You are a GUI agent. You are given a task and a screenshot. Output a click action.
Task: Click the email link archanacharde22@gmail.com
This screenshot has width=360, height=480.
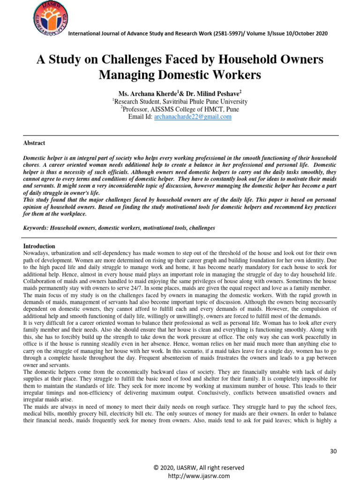coord(193,117)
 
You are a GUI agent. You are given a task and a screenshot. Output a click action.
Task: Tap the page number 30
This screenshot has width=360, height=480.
coord(333,451)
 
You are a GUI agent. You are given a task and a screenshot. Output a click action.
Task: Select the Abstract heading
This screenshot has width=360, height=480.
coord(34,143)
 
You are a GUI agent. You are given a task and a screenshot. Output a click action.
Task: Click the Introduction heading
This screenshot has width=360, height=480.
coord(39,246)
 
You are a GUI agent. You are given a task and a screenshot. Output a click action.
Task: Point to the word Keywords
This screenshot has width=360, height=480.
coord(37,228)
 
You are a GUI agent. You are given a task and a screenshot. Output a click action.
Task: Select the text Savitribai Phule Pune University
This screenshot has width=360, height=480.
coord(194,101)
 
